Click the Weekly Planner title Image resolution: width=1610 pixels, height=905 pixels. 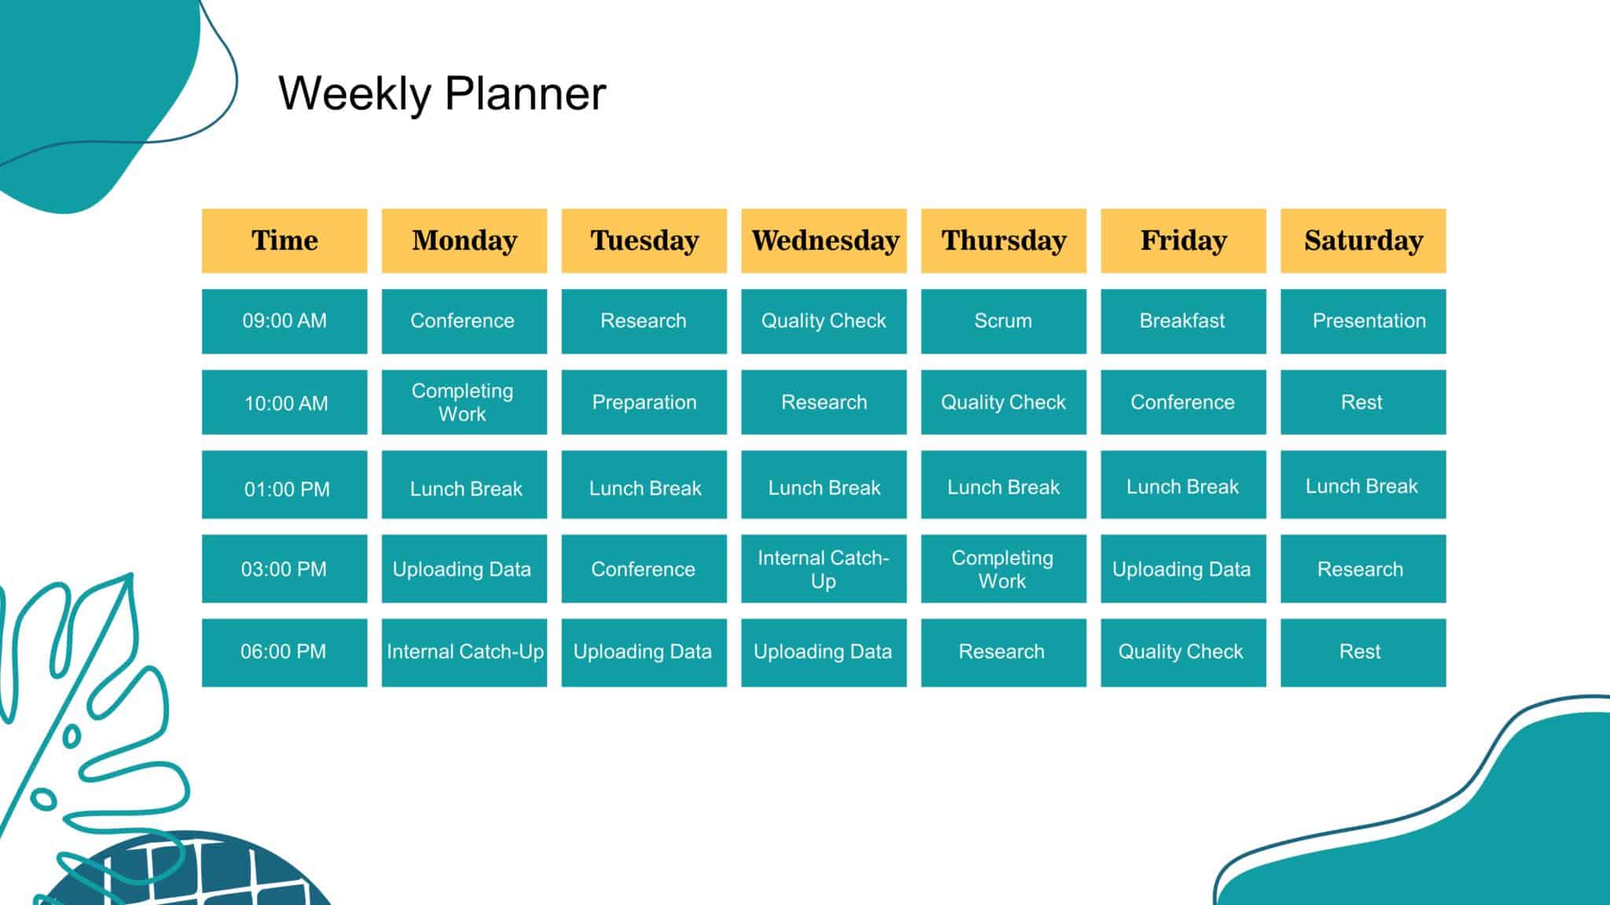[442, 93]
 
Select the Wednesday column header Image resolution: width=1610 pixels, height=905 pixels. [824, 241]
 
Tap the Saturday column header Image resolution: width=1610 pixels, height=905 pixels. [1363, 241]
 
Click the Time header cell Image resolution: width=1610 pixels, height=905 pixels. [285, 241]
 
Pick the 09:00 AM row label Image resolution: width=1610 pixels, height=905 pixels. [285, 321]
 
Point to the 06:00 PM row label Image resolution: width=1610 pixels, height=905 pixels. [285, 653]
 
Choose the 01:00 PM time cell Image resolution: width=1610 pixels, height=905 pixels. [285, 485]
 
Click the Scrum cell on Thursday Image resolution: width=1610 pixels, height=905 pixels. [1004, 321]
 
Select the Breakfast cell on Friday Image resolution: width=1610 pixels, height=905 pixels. [1183, 321]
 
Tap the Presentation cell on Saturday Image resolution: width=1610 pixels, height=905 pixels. [1363, 321]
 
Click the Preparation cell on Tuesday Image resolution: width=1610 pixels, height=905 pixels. [644, 402]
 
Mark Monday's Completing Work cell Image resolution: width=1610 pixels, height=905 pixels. [465, 402]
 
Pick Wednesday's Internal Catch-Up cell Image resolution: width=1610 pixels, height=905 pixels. [824, 569]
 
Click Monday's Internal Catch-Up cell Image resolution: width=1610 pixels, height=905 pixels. [465, 653]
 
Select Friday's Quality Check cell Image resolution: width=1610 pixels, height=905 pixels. [1183, 653]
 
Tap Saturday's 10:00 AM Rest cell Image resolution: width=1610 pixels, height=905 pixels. [1363, 402]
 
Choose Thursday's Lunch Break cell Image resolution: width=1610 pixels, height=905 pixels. [1004, 485]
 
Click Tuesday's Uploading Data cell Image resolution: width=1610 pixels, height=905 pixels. [644, 653]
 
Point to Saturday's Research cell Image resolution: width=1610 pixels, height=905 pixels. [1363, 569]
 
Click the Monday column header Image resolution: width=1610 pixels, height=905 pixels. [465, 241]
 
